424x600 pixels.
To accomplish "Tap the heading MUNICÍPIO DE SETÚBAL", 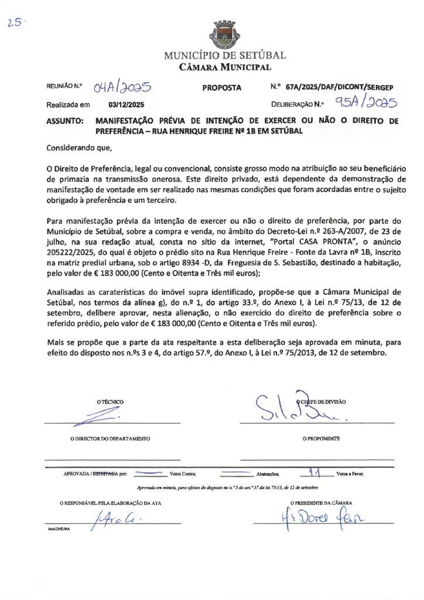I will pos(225,56).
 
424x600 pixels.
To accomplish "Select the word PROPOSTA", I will pos(222,88).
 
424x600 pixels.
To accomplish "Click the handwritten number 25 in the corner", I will pos(14,23).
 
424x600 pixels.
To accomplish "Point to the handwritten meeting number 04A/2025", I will pos(122,88).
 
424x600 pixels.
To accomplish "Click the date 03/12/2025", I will pos(126,105).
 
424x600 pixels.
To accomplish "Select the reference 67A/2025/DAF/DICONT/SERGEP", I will pos(340,87).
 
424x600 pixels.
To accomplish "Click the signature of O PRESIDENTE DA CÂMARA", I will pos(322,517).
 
